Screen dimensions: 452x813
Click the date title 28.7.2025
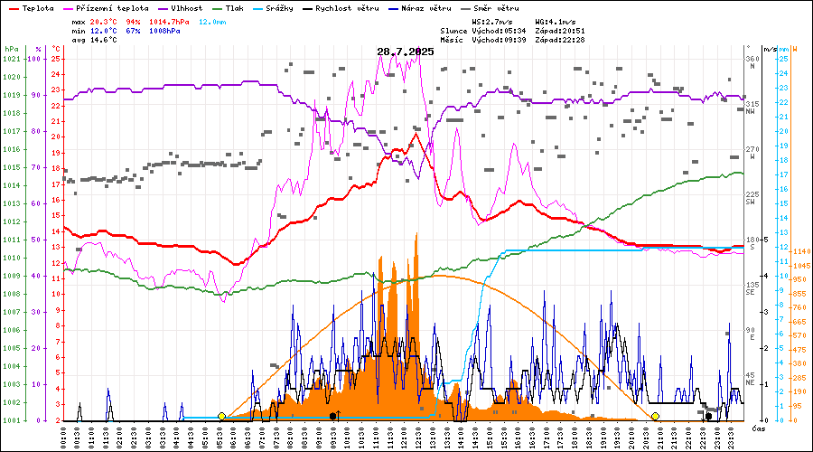click(406, 52)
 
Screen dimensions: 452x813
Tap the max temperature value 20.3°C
click(105, 20)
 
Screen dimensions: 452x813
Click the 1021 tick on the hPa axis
click(11, 59)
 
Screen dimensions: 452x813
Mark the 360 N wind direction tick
click(751, 63)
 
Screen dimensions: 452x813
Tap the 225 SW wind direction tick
click(751, 198)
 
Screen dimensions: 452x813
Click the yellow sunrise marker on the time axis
click(222, 416)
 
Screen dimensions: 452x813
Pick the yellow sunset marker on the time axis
click(656, 416)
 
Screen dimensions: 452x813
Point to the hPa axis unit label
click(11, 49)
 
